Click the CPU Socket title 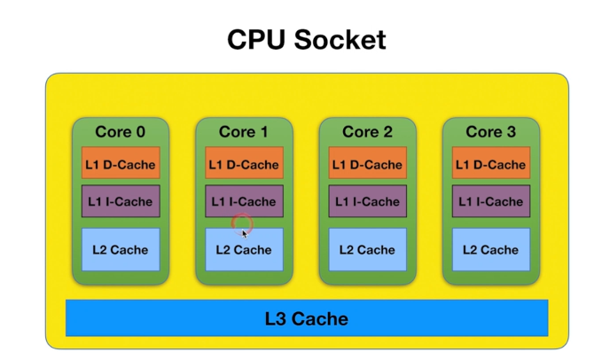[x=307, y=40]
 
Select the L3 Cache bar [x=307, y=318]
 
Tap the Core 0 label [x=121, y=132]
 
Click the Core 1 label [x=244, y=132]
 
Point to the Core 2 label [x=367, y=132]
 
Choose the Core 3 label [x=490, y=132]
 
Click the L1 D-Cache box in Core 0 [x=121, y=164]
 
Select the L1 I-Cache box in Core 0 [x=121, y=201]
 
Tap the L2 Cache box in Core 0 [x=121, y=249]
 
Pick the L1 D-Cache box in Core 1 [x=244, y=164]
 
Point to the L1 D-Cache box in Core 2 [x=367, y=164]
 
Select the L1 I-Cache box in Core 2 [x=367, y=201]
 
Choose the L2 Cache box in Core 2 [x=367, y=249]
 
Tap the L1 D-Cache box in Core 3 [x=490, y=164]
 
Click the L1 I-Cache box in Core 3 [x=490, y=201]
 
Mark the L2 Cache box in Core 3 [x=490, y=249]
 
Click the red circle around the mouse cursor [x=240, y=223]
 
